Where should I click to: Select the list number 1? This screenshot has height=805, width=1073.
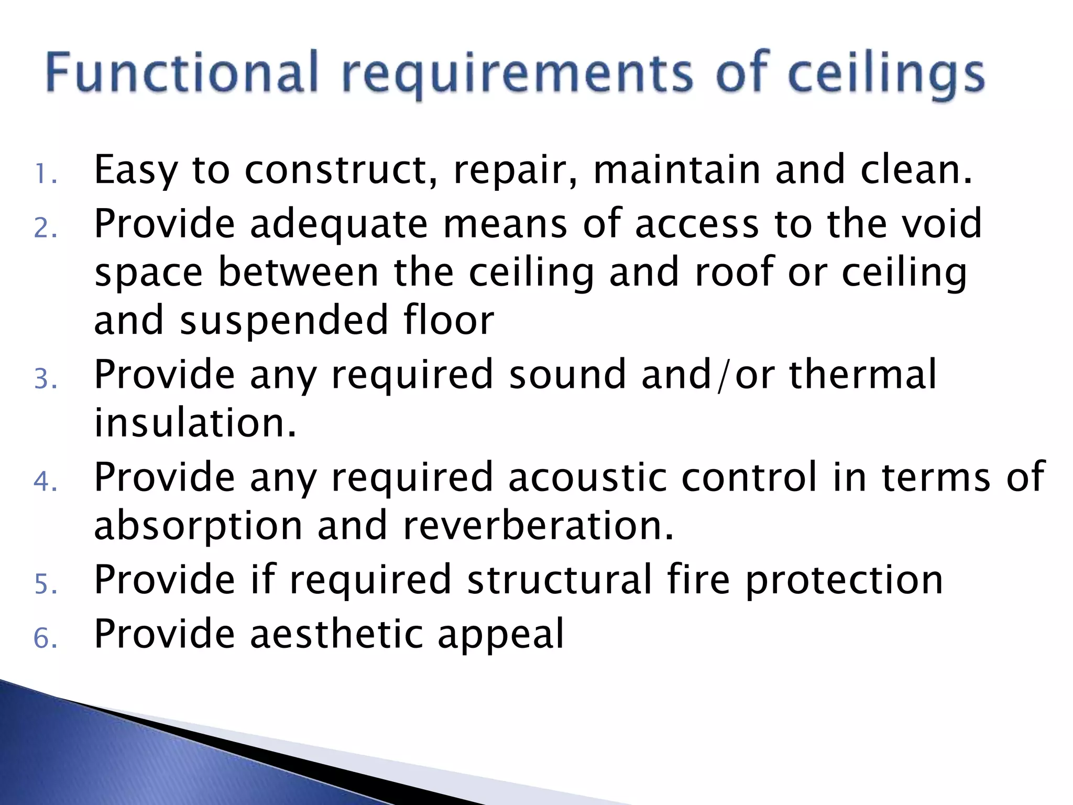[x=45, y=175]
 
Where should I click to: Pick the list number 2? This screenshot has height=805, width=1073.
[x=45, y=228]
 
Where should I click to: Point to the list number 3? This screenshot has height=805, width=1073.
[x=45, y=379]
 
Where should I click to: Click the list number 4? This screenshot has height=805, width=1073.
[x=45, y=482]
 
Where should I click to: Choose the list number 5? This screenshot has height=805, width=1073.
[x=45, y=584]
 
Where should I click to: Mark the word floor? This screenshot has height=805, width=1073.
[x=448, y=320]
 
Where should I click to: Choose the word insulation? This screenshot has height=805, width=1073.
[x=195, y=423]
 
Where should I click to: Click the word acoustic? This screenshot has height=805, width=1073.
[x=587, y=477]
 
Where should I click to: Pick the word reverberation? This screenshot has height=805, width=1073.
[x=538, y=526]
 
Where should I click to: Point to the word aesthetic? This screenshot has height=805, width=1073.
[x=336, y=634]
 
